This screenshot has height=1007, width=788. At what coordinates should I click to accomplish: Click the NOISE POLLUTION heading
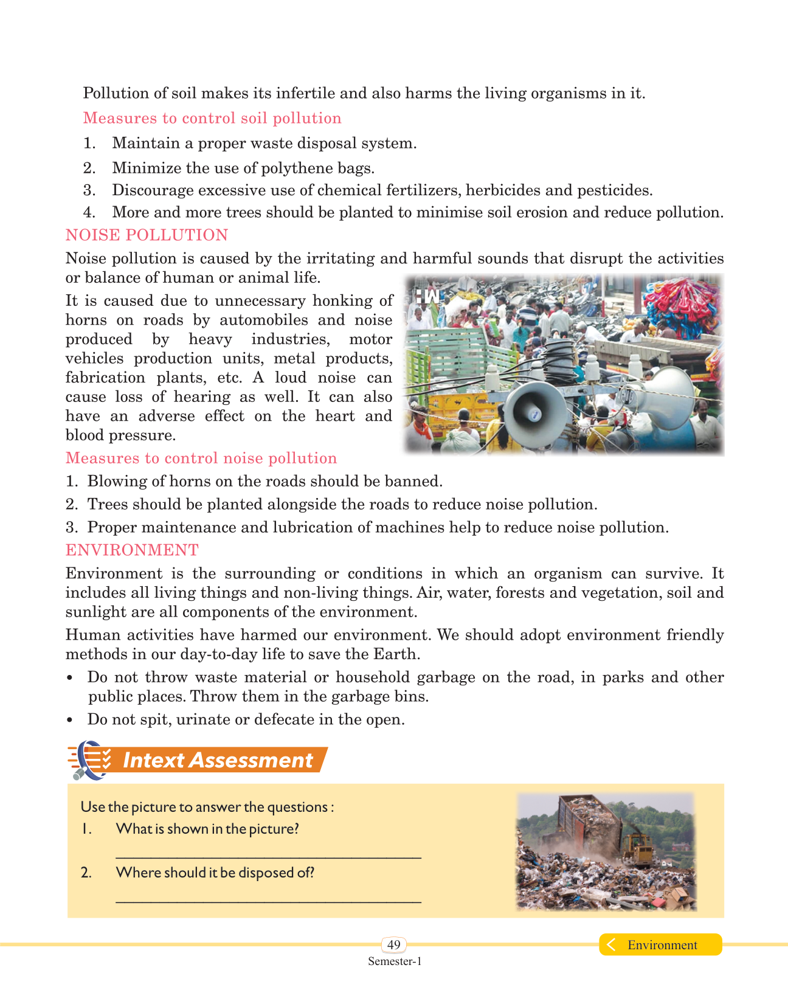coord(147,235)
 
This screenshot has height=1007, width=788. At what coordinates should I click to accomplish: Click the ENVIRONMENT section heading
coord(132,550)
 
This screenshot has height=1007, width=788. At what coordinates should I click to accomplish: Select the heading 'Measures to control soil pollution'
coord(212,118)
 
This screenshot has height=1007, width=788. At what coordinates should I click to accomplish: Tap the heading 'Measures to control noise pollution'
coord(201,458)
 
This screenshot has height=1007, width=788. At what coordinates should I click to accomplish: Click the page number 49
coord(394,944)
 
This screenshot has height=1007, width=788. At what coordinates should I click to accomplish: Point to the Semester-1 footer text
coord(394,961)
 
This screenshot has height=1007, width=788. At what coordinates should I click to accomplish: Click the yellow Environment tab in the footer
coord(661,944)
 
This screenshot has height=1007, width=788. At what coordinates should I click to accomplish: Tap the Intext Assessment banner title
coord(218,760)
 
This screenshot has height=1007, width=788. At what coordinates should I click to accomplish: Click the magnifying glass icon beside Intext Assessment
coord(88,760)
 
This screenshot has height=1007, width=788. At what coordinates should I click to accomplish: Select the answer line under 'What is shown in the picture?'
coord(268,856)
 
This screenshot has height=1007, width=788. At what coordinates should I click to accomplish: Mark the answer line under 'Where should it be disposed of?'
coord(268,901)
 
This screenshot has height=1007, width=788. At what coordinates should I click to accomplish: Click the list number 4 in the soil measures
coord(89,213)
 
